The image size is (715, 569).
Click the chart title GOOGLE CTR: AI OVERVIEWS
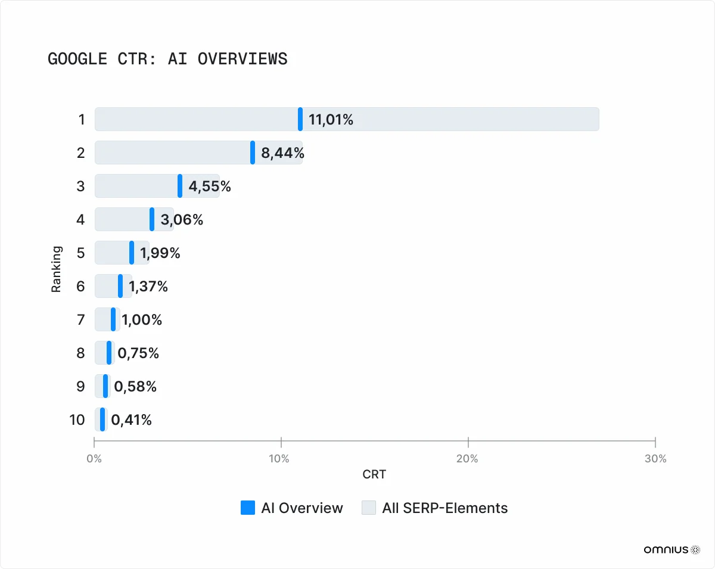point(167,59)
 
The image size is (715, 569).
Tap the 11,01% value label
point(331,120)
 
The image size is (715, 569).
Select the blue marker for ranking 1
point(300,119)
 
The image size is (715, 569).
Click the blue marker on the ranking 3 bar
point(180,186)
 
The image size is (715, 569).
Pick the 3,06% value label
point(182,220)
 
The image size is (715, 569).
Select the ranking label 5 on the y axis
point(81,253)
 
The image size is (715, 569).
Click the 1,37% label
point(148,287)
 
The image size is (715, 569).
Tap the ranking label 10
point(77,420)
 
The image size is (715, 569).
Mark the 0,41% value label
point(132,420)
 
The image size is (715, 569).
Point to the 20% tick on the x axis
point(467,459)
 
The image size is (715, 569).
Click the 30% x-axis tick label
point(655,459)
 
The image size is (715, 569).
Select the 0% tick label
point(94,459)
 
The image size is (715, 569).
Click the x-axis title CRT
point(374,475)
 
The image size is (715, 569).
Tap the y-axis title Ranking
point(57,269)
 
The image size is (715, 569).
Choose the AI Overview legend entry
point(292,508)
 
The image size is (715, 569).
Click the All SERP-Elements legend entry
point(435,508)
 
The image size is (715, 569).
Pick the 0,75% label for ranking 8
point(138,353)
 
